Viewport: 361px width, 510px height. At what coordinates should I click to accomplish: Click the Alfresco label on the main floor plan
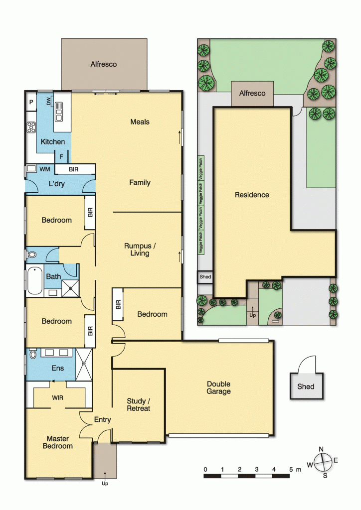pos(104,64)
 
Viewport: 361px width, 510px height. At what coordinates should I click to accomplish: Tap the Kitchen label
pos(53,142)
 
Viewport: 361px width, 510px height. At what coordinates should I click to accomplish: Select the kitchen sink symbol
pos(59,112)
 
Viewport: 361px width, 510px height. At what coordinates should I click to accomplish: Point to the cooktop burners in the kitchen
pos(31,127)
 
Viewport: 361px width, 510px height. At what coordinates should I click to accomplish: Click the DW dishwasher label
pos(49,102)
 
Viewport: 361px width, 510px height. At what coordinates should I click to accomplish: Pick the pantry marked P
pos(31,102)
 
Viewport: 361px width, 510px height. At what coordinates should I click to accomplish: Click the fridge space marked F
pos(61,156)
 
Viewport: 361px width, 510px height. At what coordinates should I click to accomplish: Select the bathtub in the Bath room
pos(34,281)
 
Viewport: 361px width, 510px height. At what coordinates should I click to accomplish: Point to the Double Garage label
pos(219,387)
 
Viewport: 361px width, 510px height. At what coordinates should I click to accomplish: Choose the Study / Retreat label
pos(138,404)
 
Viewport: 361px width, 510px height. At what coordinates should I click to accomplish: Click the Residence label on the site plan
pos(252,195)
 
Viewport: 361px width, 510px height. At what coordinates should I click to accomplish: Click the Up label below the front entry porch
pos(104,484)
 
